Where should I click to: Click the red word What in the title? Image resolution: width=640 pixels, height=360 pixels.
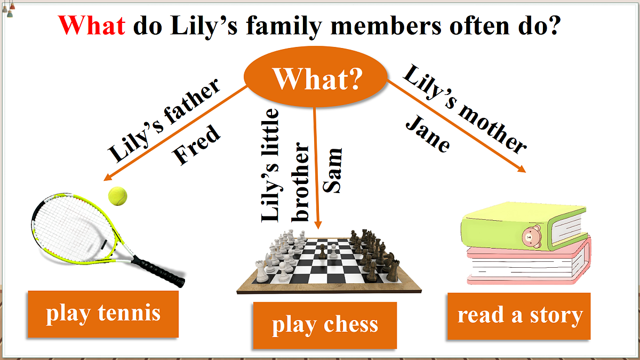coord(92,25)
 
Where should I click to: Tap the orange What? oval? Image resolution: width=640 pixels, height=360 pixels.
coord(315,77)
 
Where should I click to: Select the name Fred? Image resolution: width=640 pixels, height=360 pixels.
coord(196,145)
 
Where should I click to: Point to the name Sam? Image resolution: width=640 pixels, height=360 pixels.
coord(332,171)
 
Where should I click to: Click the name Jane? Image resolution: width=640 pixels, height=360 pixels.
coord(428,134)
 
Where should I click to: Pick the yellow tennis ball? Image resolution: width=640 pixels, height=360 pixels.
coord(117,196)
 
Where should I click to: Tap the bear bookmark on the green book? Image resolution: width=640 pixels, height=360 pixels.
coord(532,237)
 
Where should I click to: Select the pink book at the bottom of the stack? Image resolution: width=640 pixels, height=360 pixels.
coord(529,263)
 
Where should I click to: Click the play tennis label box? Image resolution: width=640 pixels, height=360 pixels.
coord(103,314)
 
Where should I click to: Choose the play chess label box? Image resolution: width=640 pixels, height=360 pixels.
coord(325,325)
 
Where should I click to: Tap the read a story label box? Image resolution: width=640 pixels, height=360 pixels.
coord(519,316)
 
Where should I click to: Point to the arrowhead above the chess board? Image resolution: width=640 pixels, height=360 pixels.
coord(318,225)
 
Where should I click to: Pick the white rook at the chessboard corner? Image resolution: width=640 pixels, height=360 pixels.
coord(261,271)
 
